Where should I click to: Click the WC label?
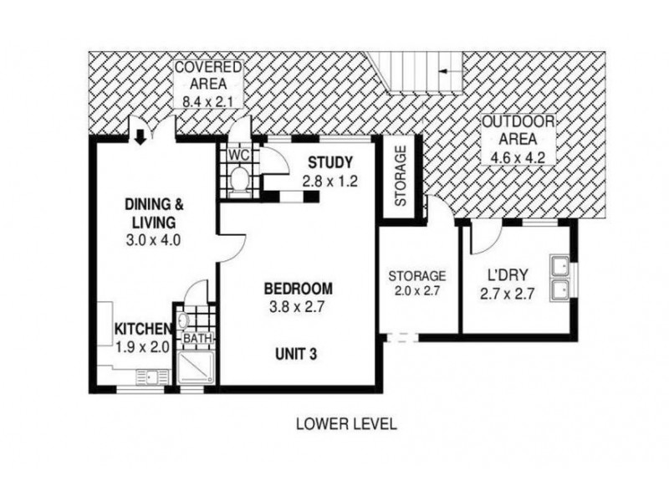tap(239, 156)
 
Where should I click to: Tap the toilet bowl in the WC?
tap(239, 179)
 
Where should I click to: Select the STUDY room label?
tap(330, 162)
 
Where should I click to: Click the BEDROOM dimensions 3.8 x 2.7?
tap(298, 306)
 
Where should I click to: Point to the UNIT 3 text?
tap(296, 354)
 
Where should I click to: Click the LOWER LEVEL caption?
tap(346, 424)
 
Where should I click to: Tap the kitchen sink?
tap(152, 377)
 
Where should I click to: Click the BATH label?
tap(197, 338)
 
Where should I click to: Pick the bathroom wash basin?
tap(183, 320)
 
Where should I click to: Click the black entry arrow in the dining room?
tap(140, 137)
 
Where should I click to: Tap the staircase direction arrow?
tap(451, 71)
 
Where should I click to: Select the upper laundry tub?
tap(560, 266)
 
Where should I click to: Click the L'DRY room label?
tap(508, 274)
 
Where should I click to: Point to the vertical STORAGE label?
tap(401, 176)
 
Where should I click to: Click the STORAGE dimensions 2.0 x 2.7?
tap(416, 291)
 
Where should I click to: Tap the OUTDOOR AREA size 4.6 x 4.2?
tap(518, 157)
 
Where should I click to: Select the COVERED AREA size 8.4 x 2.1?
tap(208, 101)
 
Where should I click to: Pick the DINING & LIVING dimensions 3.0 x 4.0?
tap(154, 240)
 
